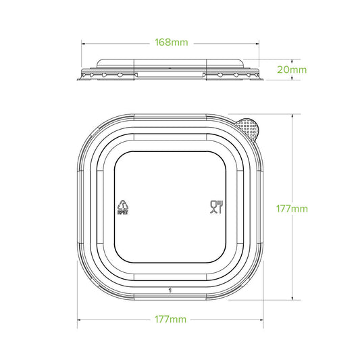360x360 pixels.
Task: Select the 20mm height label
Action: pyautogui.click(x=293, y=68)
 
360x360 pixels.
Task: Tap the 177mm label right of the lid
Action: pyautogui.click(x=293, y=208)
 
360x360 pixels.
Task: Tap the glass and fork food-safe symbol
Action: pyautogui.click(x=217, y=207)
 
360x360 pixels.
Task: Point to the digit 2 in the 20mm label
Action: pyautogui.click(x=280, y=68)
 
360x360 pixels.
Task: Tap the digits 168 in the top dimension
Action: pyautogui.click(x=162, y=41)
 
